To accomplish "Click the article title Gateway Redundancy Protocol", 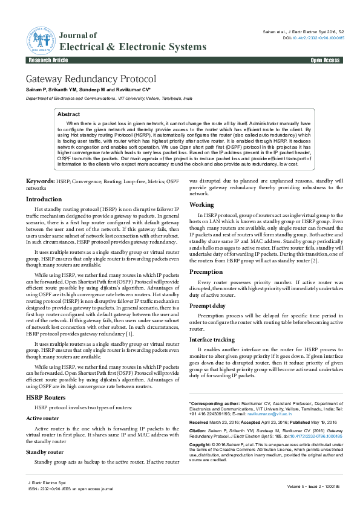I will click(x=91, y=79).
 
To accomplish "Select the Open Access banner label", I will click(x=325, y=61).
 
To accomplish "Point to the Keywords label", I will click(x=40, y=181).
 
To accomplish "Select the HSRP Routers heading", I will click(x=47, y=397).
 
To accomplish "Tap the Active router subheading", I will click(x=43, y=418).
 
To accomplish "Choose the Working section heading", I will click(x=201, y=205).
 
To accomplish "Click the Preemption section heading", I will click(x=206, y=272).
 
